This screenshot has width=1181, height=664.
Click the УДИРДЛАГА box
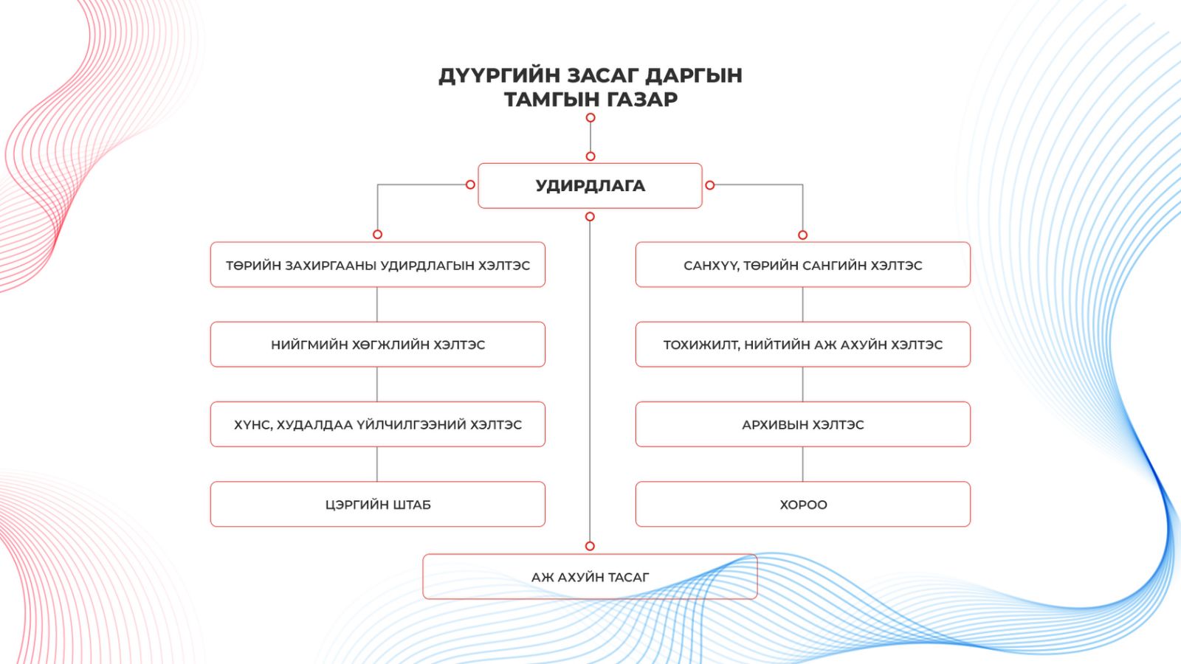[x=590, y=185]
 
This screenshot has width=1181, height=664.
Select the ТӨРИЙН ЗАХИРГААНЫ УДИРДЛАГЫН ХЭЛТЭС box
[x=377, y=265]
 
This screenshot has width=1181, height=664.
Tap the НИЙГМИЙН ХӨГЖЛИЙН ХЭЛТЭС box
[x=377, y=344]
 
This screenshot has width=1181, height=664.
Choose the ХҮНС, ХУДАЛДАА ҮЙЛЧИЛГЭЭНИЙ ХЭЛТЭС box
[x=377, y=424]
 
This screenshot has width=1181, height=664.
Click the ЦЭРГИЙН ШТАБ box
[x=377, y=505]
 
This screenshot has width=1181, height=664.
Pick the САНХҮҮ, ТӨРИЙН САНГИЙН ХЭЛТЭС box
[x=803, y=265]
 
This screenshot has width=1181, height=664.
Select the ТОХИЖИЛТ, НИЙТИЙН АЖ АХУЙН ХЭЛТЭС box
[x=803, y=344]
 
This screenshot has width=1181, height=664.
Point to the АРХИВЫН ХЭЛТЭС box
[x=803, y=424]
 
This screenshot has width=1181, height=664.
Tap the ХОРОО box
[x=803, y=505]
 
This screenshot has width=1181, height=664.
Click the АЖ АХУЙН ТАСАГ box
[x=590, y=576]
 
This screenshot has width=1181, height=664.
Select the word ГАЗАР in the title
[x=638, y=99]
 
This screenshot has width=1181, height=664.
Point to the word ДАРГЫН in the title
[x=694, y=75]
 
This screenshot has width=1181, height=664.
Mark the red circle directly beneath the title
[x=590, y=117]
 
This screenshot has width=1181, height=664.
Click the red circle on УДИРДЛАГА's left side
[x=470, y=184]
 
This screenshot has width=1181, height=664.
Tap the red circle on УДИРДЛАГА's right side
[x=709, y=185]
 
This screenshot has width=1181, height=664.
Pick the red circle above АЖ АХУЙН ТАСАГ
[x=590, y=546]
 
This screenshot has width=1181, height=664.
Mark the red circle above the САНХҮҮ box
[x=802, y=235]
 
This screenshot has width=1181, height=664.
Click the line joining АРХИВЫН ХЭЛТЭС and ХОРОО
[x=803, y=464]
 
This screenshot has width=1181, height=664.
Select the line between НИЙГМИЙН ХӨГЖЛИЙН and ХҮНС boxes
[x=377, y=384]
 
